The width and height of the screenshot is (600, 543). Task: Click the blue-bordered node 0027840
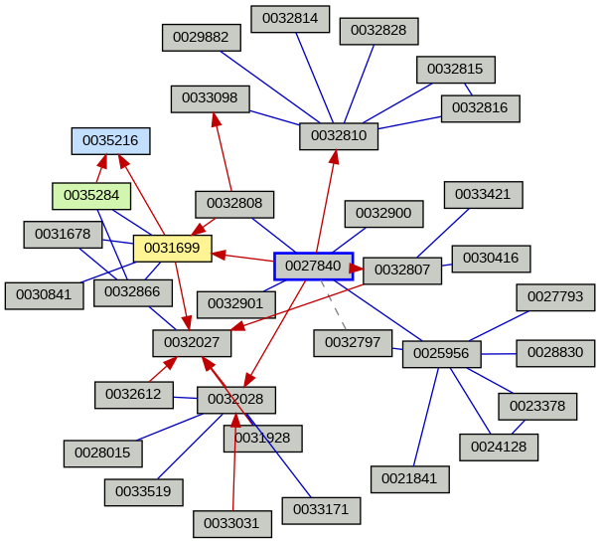tap(313, 266)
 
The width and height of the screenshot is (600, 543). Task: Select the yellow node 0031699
tap(172, 248)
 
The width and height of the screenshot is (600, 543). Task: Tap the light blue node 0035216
tap(110, 141)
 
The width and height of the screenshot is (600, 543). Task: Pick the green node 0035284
tap(91, 195)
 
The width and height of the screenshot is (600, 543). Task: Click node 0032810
tap(339, 135)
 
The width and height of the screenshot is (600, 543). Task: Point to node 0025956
tap(441, 353)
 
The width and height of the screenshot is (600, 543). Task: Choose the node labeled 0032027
tap(192, 343)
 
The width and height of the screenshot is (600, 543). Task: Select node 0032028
tap(235, 400)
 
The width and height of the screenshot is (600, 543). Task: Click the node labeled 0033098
tap(210, 98)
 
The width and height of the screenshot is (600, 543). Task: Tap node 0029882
tap(201, 38)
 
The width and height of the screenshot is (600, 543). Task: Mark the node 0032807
tap(401, 270)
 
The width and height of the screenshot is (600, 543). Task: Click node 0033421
tap(483, 194)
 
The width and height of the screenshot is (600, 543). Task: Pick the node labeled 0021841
tap(409, 478)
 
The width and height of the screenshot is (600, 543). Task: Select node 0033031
tap(231, 521)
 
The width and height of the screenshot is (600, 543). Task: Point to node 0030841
tap(44, 295)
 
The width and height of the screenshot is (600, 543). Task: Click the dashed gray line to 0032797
tap(334, 304)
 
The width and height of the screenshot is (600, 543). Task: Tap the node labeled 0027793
tap(555, 296)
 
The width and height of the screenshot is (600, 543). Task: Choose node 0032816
tap(480, 107)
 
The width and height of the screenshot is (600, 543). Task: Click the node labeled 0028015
tap(103, 452)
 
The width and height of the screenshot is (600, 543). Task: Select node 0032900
tap(383, 213)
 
